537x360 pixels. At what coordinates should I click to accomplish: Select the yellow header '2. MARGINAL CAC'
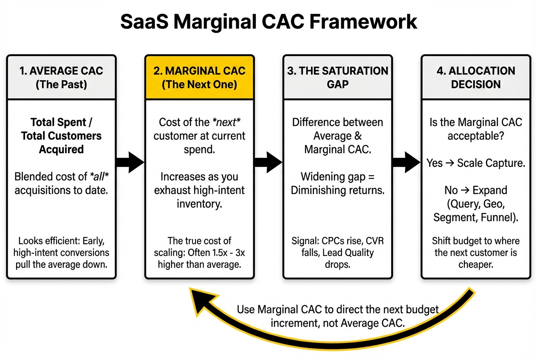(x=199, y=77)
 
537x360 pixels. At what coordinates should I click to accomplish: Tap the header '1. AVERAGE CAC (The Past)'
(x=61, y=77)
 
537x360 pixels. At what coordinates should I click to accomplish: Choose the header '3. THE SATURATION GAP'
(x=338, y=77)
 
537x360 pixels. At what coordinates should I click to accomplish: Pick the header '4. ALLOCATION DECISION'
(x=476, y=77)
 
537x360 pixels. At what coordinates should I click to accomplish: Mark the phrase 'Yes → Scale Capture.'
(x=476, y=163)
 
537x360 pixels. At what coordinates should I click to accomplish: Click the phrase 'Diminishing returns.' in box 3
(x=338, y=190)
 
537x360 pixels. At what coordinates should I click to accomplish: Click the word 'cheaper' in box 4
(x=476, y=265)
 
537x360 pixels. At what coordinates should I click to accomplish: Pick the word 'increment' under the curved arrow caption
(x=293, y=323)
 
